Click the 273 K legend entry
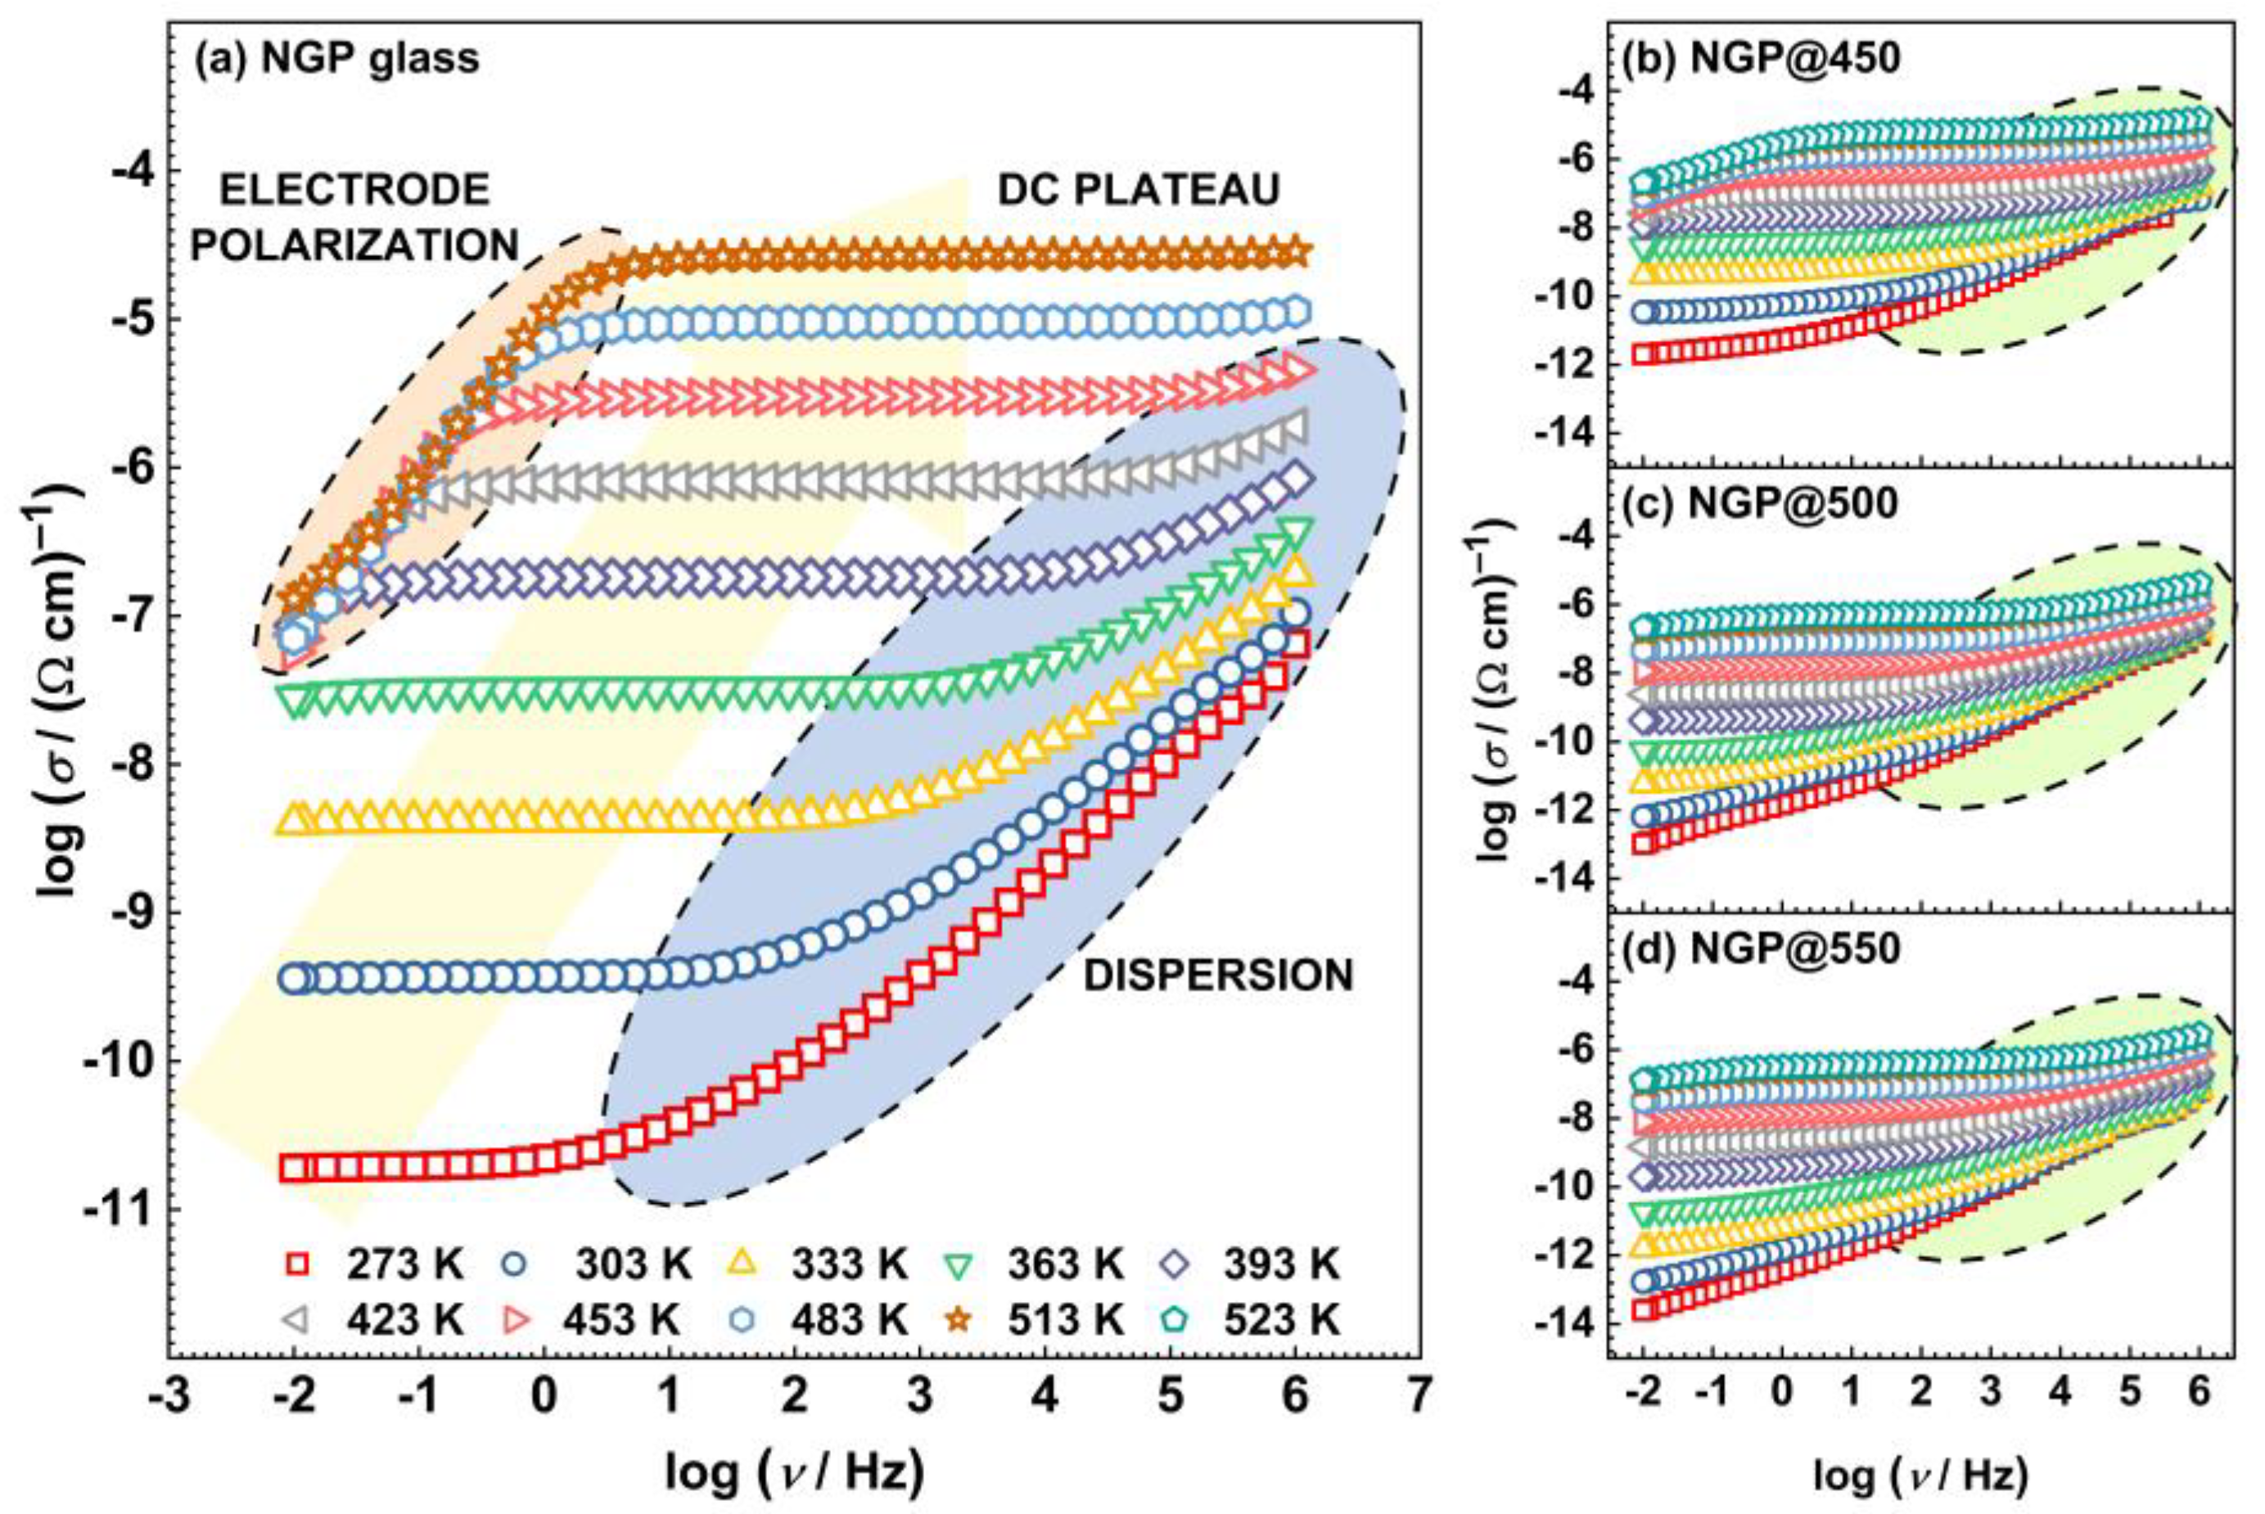click(372, 1264)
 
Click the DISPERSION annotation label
click(1218, 976)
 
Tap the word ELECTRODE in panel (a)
click(354, 190)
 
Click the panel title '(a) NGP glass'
click(337, 60)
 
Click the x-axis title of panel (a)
click(794, 1473)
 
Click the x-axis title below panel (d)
click(1920, 1476)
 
